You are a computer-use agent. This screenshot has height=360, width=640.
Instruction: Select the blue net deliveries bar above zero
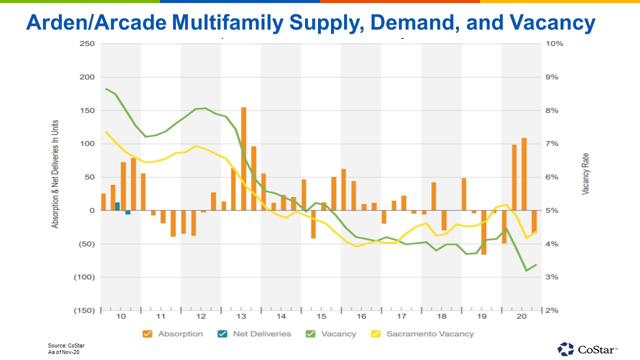click(x=117, y=206)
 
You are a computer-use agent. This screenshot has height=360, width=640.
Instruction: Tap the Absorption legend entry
click(x=173, y=333)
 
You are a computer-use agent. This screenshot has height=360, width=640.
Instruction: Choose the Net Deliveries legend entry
click(x=255, y=333)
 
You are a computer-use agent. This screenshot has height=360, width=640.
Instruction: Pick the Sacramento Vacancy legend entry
click(x=423, y=333)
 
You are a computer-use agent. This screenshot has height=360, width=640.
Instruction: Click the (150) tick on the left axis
click(x=84, y=310)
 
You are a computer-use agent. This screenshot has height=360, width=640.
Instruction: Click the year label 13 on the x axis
click(x=241, y=316)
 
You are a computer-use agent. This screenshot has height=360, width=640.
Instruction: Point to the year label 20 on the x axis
click(x=521, y=316)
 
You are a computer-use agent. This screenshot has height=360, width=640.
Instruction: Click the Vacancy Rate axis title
click(x=585, y=173)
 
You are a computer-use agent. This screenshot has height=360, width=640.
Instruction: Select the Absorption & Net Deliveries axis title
click(x=55, y=173)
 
